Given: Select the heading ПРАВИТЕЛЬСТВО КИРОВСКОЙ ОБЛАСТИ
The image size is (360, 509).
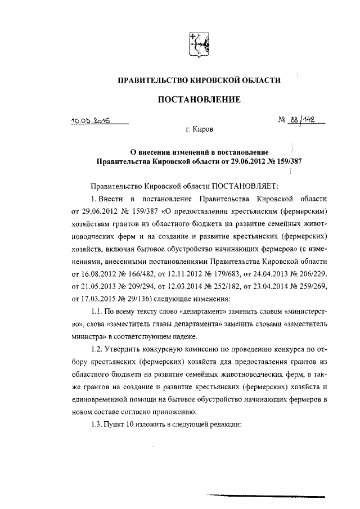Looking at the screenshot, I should (198, 81).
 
